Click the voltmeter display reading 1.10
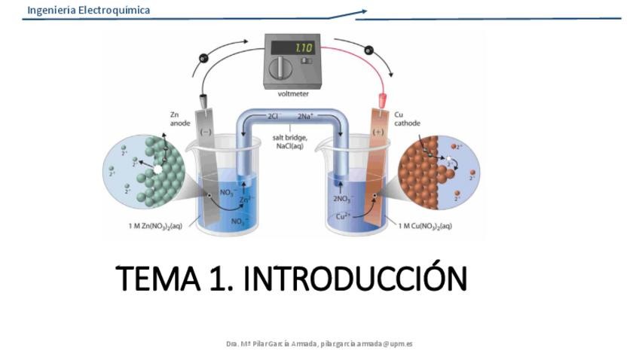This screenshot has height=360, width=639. coord(302,47)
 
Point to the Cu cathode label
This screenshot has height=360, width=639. coord(407,120)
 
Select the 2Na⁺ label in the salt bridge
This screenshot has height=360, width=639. coord(306,117)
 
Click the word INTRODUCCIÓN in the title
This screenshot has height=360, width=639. coord(356,279)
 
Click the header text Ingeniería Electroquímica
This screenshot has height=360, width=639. coord(88,10)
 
